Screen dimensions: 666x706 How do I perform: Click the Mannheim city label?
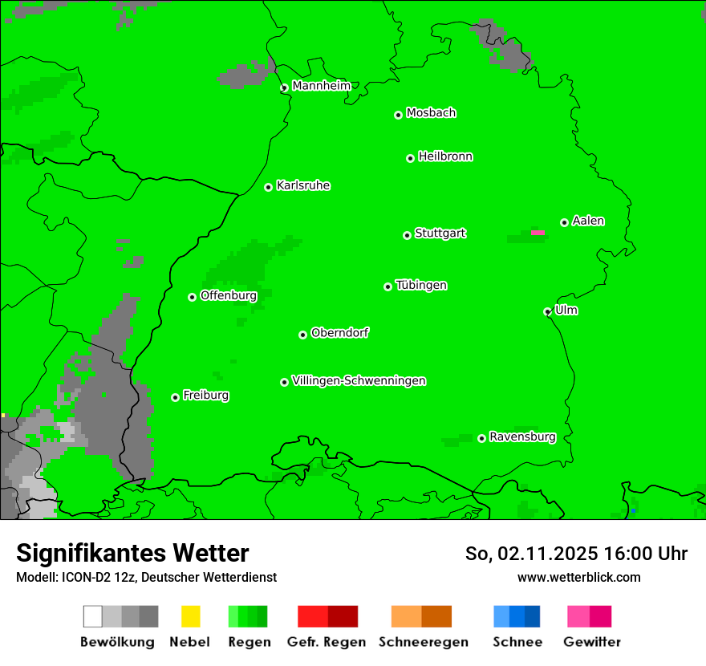coord(321,86)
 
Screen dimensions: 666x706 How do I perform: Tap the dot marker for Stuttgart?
coord(407,235)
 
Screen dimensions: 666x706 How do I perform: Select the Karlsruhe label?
coord(303,185)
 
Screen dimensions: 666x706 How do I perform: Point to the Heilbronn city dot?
coord(410,158)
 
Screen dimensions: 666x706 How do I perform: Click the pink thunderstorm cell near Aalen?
coord(538,233)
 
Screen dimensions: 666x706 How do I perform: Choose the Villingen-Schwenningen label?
coord(359,380)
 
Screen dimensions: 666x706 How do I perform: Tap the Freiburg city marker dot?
coord(175,397)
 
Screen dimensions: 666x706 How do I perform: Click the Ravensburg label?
coord(522,437)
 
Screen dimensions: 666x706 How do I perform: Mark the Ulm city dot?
coord(547,311)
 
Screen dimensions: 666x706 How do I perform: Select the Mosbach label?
coord(431,113)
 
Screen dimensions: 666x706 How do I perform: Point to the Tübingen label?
coord(421,285)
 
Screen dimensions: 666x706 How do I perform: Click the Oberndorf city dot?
coord(302,335)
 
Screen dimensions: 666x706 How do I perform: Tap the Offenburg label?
coord(229,295)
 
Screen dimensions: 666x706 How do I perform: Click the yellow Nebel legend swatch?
coord(190,616)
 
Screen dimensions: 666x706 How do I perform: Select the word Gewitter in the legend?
coord(591,642)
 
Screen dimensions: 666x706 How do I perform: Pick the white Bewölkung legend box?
coord(93,616)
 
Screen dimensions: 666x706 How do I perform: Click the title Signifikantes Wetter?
coord(132,553)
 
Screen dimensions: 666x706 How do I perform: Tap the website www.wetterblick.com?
coord(578,577)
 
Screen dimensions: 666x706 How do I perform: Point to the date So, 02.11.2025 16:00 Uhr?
coord(576,554)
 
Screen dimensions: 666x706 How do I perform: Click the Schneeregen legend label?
coord(422,642)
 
